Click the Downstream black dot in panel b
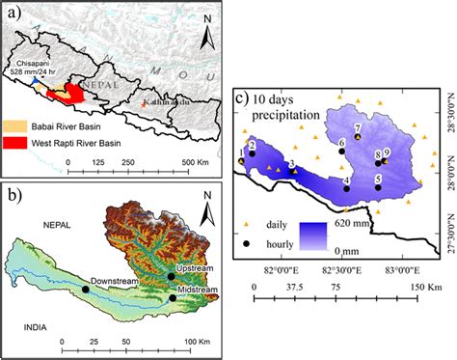point(86,289)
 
